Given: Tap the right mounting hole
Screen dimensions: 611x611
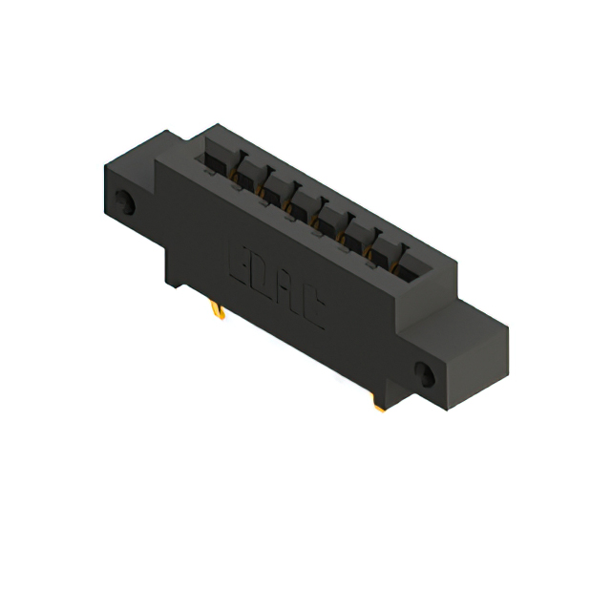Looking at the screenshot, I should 425,373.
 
